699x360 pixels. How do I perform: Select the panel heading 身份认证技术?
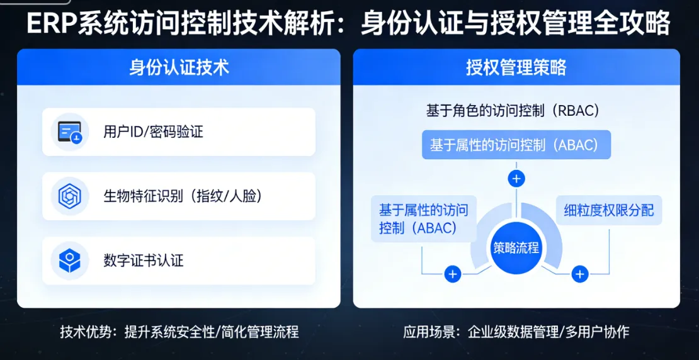[179, 67]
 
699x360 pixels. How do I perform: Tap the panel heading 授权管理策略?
[516, 67]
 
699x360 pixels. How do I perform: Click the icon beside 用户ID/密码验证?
[69, 132]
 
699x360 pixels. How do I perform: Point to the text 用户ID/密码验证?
[153, 132]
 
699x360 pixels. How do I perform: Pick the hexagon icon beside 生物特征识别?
[69, 196]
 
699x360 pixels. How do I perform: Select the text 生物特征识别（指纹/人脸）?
[183, 196]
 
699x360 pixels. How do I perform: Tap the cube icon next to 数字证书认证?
[69, 261]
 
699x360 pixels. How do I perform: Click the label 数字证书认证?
[144, 261]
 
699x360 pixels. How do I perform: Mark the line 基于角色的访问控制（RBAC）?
[513, 111]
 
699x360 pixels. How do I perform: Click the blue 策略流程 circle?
[516, 247]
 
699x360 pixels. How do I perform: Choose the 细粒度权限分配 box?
[608, 210]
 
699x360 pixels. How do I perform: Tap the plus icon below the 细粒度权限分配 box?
[579, 274]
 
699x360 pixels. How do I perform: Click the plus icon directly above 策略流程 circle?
[516, 179]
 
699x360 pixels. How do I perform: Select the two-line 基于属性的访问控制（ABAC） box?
[423, 218]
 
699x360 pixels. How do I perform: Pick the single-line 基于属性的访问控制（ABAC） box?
[516, 145]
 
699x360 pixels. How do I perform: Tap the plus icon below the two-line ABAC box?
[453, 274]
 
